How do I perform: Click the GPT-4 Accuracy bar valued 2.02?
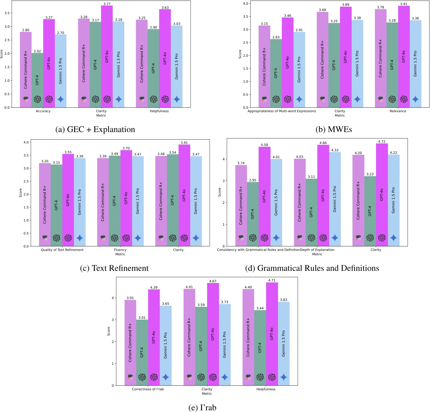pyautogui.click(x=37, y=80)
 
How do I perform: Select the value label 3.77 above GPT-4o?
pyautogui.click(x=107, y=4)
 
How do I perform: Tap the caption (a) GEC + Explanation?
pyautogui.click(x=95, y=129)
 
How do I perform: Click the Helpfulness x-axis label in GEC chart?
pyautogui.click(x=159, y=111)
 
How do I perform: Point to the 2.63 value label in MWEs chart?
pyautogui.click(x=276, y=37)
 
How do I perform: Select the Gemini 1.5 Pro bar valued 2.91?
pyautogui.click(x=299, y=69)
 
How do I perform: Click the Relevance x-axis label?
pyautogui.click(x=398, y=111)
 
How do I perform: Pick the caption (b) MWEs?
pyautogui.click(x=334, y=129)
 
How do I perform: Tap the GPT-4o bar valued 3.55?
pyautogui.click(x=68, y=200)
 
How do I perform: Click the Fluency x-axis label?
pyautogui.click(x=120, y=250)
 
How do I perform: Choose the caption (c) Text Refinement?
pyautogui.click(x=114, y=268)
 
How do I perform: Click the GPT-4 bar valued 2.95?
pyautogui.click(x=253, y=214)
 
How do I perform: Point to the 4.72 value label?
pyautogui.click(x=382, y=141)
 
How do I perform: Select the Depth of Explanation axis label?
pyautogui.click(x=317, y=250)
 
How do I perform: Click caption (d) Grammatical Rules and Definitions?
pyautogui.click(x=312, y=268)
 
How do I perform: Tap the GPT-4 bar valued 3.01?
pyautogui.click(x=142, y=352)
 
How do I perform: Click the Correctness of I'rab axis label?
pyautogui.click(x=148, y=389)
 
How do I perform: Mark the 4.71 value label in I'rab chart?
pyautogui.click(x=272, y=280)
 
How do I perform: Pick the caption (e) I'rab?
pyautogui.click(x=202, y=408)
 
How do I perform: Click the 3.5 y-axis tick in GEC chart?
pyautogui.click(x=7, y=13)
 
